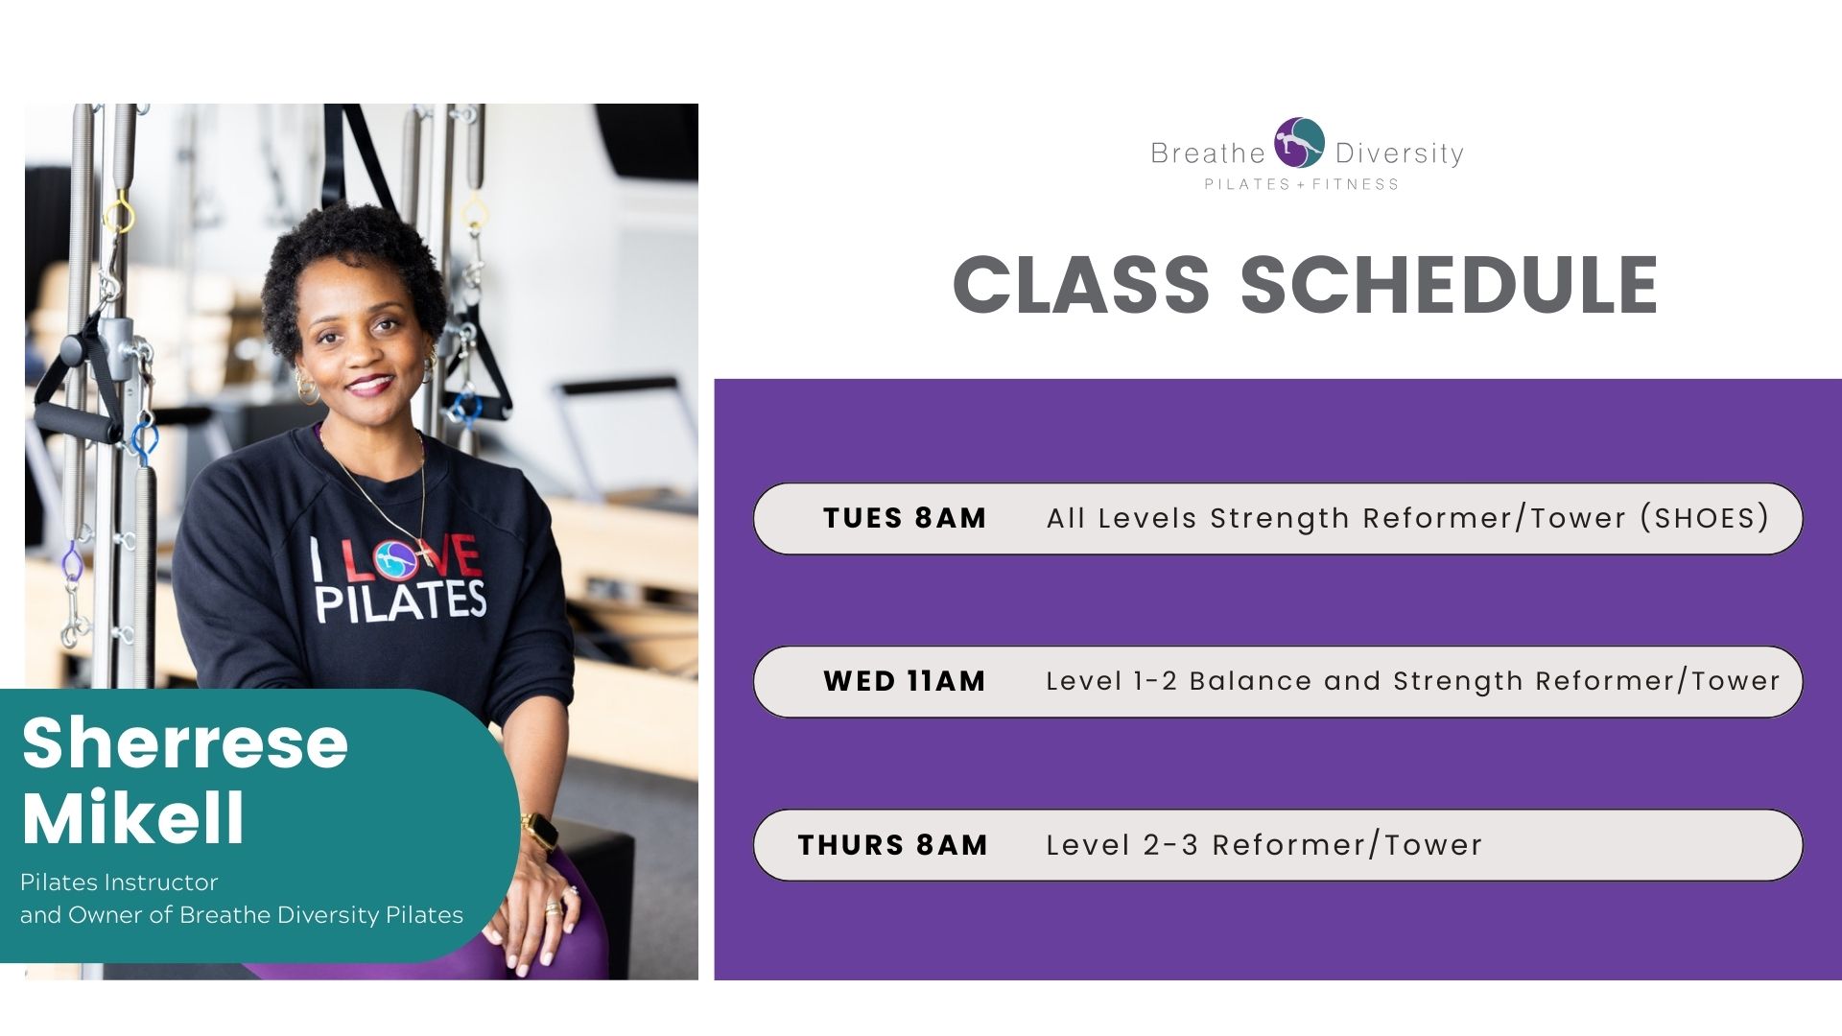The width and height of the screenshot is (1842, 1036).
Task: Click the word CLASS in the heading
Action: tap(1081, 285)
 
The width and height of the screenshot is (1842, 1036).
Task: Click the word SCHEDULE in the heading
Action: tap(1450, 285)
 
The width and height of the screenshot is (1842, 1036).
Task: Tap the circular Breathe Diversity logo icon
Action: tap(1299, 143)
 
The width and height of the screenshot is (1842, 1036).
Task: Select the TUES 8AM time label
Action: tap(905, 518)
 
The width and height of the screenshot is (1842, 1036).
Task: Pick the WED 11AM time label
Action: tap(905, 681)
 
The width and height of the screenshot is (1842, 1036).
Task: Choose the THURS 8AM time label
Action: tap(892, 845)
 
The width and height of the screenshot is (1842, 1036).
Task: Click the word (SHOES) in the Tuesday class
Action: tap(1705, 518)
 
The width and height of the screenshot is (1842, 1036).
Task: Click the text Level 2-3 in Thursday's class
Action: tap(1122, 845)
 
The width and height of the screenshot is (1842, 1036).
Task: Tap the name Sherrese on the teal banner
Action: tap(184, 743)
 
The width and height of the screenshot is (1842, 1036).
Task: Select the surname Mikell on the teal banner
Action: tap(133, 817)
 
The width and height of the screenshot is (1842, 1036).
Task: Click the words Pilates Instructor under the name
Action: tap(119, 883)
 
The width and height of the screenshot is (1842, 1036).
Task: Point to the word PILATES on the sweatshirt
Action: tap(401, 601)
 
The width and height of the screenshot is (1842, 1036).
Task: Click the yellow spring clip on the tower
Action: tap(119, 214)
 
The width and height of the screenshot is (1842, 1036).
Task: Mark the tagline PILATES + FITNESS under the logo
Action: tap(1302, 184)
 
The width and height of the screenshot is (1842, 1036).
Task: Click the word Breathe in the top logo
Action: tap(1208, 153)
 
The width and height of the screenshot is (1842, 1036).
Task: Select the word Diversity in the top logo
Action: tap(1400, 153)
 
